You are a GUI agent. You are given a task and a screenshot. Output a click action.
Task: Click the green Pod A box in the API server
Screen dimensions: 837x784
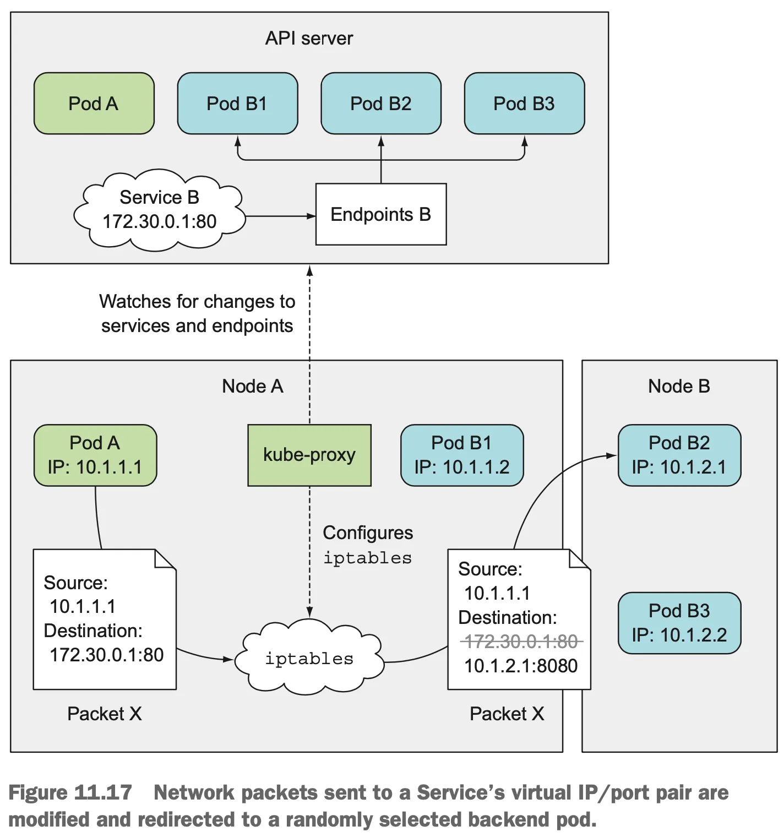(x=94, y=104)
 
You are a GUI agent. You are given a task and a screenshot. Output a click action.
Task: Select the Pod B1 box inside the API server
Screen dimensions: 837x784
(x=237, y=104)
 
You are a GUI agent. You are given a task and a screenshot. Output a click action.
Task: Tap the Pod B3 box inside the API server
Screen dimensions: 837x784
(x=524, y=104)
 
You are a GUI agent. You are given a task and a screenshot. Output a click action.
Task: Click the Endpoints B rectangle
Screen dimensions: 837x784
(x=380, y=214)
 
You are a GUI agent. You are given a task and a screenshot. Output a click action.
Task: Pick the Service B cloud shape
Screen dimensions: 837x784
(x=160, y=210)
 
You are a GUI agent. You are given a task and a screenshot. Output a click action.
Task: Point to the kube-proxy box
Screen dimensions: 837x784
(x=309, y=455)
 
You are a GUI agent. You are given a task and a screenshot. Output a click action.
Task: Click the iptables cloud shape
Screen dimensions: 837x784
(x=309, y=659)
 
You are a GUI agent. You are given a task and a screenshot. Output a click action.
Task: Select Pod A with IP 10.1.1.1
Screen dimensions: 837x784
(x=95, y=455)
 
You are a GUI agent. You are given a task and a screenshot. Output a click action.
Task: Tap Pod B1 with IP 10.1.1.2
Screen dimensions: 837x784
(x=462, y=455)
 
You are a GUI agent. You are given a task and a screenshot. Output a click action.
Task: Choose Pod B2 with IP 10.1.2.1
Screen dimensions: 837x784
(x=679, y=455)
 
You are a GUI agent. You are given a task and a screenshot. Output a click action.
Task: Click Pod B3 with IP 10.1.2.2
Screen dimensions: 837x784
(x=679, y=623)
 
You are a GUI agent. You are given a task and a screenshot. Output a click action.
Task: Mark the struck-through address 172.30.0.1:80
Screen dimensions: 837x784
(x=521, y=642)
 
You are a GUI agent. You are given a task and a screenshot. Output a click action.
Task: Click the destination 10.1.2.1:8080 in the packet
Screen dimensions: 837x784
(x=521, y=666)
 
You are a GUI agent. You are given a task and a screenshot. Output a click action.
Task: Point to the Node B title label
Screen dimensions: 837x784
(x=679, y=386)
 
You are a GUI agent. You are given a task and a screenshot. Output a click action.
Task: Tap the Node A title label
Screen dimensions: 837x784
(x=253, y=386)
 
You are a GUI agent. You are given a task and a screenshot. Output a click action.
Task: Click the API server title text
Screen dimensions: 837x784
(x=309, y=38)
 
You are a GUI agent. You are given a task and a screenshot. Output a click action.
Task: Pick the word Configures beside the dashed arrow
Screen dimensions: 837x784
(x=368, y=532)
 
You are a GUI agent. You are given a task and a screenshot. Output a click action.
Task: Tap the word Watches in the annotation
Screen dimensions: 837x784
(x=135, y=302)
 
